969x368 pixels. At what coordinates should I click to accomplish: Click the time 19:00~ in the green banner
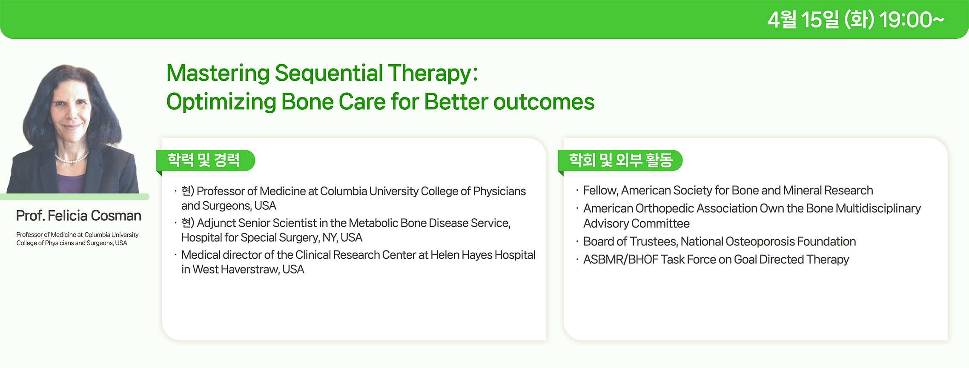pos(912,20)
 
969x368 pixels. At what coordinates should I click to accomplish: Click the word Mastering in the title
pos(218,74)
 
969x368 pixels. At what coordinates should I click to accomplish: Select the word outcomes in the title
pos(544,102)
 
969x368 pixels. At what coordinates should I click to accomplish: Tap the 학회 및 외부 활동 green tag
pos(620,160)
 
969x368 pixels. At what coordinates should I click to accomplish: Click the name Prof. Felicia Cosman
pos(79,216)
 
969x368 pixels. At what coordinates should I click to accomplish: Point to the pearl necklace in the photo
pos(72,158)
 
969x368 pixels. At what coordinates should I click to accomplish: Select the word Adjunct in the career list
pos(216,223)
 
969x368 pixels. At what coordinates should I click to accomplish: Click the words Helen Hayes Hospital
pos(483,255)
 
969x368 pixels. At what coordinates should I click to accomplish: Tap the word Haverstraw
pos(249,270)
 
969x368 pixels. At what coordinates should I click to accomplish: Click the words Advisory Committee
pos(636,224)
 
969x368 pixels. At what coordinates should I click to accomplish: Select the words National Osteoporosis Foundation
pos(768,242)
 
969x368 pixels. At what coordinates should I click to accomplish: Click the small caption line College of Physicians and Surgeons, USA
pos(72,243)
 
